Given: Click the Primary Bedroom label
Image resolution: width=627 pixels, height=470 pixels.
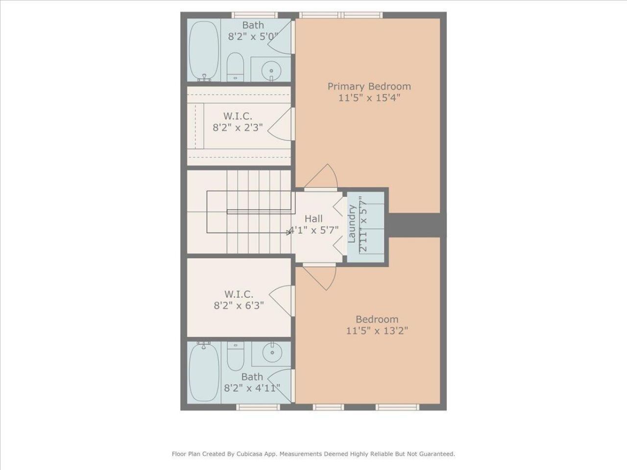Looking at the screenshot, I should click(369, 86).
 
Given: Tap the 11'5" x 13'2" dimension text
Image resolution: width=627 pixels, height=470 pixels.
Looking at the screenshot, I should click(377, 330).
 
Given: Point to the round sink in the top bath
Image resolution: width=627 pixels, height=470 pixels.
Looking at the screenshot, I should click(270, 70).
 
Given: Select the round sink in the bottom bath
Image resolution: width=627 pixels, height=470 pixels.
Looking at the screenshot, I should click(270, 352).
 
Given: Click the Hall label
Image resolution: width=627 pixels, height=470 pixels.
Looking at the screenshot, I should click(313, 218).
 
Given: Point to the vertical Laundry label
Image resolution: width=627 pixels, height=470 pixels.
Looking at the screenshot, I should click(351, 224).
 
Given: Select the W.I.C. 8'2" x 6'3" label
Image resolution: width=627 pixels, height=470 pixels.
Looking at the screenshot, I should click(239, 300).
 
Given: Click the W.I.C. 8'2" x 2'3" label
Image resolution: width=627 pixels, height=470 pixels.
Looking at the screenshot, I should click(238, 122).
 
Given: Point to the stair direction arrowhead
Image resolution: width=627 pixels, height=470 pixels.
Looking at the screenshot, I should click(289, 233).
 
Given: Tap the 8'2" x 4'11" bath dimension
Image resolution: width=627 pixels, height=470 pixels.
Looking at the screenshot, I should click(252, 388).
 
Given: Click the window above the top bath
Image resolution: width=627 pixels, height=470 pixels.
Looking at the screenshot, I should click(254, 15).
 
